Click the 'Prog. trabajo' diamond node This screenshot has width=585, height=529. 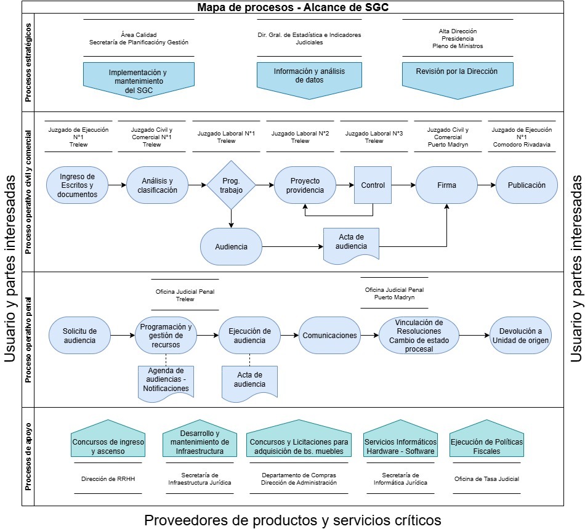[231, 185]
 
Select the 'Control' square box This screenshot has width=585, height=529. [373, 185]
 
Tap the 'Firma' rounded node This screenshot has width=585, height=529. [446, 185]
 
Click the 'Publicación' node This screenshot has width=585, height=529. [526, 185]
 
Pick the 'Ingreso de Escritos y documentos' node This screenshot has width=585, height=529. [77, 185]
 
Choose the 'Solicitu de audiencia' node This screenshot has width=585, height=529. [80, 336]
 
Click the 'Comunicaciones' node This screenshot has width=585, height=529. [329, 336]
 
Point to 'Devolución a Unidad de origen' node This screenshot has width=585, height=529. [521, 336]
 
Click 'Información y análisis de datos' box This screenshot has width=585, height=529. [309, 76]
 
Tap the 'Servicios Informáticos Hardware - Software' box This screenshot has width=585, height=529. [400, 446]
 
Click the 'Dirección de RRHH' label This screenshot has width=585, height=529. [108, 479]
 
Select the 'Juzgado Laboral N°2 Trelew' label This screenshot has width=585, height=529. [300, 137]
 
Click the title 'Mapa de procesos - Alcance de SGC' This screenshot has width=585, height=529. [292, 7]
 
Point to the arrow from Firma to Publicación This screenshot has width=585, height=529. [486, 185]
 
